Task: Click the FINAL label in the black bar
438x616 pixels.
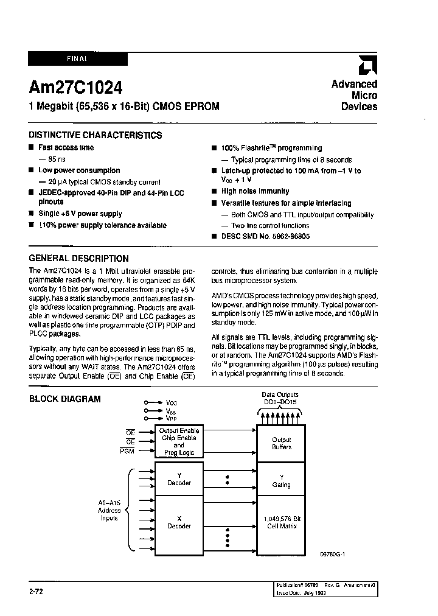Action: coord(77,58)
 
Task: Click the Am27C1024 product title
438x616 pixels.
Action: coord(75,87)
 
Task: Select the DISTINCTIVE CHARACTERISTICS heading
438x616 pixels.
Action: coord(95,135)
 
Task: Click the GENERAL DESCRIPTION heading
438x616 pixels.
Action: coord(79,258)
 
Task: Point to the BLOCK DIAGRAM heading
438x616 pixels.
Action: coord(65,399)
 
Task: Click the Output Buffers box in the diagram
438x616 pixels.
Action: coord(281,443)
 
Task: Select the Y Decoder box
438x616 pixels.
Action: coord(179,479)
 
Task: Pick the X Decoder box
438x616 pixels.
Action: coord(179,522)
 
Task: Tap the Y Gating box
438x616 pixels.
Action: coord(281,481)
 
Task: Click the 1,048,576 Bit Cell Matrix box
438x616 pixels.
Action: coord(281,522)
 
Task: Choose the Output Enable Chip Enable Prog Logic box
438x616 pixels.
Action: coord(179,441)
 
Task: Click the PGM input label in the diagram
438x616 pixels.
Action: coord(127,451)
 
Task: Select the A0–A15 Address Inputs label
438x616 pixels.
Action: coord(109,510)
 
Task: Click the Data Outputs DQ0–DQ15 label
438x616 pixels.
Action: coord(280,398)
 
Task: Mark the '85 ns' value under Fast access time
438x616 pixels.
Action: coord(56,159)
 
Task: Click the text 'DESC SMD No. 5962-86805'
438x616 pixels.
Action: coord(265,236)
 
